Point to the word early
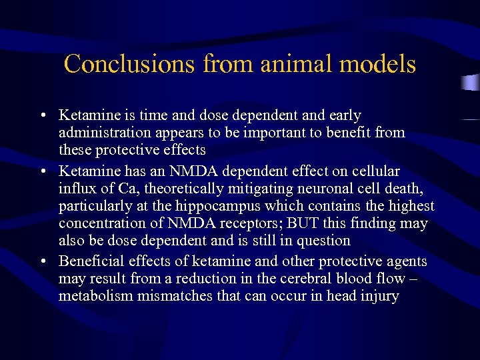[341, 115]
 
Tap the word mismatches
[177, 295]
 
